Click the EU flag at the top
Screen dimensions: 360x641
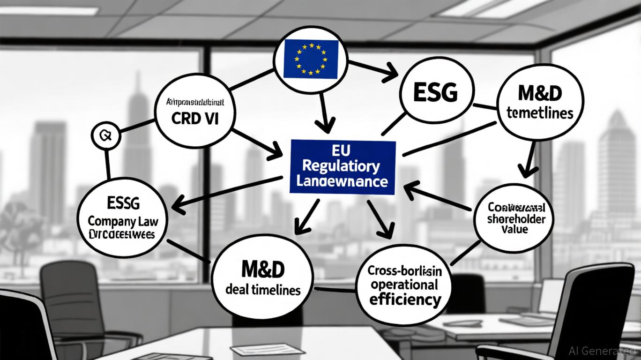[311, 58]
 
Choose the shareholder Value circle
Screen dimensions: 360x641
[514, 218]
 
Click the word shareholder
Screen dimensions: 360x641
[514, 219]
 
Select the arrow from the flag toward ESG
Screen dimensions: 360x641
[375, 68]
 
